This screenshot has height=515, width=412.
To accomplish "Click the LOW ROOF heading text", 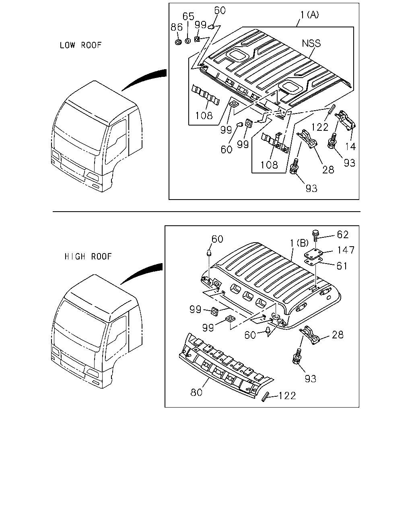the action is [81, 45].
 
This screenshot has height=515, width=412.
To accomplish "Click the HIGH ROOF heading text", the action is [88, 257].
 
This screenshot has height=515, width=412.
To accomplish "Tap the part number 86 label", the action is [177, 27].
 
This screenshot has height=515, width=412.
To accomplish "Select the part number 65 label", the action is [188, 16].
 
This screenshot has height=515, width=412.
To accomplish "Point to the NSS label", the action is [311, 43].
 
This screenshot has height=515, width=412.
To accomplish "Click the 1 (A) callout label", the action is [310, 15].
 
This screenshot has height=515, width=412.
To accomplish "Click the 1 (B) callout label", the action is [299, 243].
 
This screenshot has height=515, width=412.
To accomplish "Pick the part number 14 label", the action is [350, 146].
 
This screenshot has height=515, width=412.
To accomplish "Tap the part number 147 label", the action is [346, 250].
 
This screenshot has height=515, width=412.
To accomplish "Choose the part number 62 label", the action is [343, 235].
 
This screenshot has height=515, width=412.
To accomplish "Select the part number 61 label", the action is [342, 266].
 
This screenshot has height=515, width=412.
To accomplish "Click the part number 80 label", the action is [196, 392].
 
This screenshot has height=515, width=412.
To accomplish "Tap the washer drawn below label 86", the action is [178, 42].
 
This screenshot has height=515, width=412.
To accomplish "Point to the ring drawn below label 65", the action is [188, 41].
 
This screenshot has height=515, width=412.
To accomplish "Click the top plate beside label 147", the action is [313, 255].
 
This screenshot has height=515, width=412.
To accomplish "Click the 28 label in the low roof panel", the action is [328, 170].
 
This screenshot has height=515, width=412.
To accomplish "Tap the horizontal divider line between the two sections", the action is [206, 212].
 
